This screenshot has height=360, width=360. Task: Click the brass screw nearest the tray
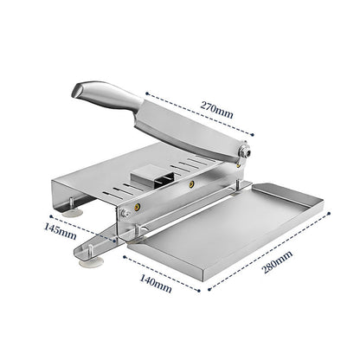[x=136, y=209]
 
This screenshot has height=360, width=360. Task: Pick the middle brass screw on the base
[x=189, y=183]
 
